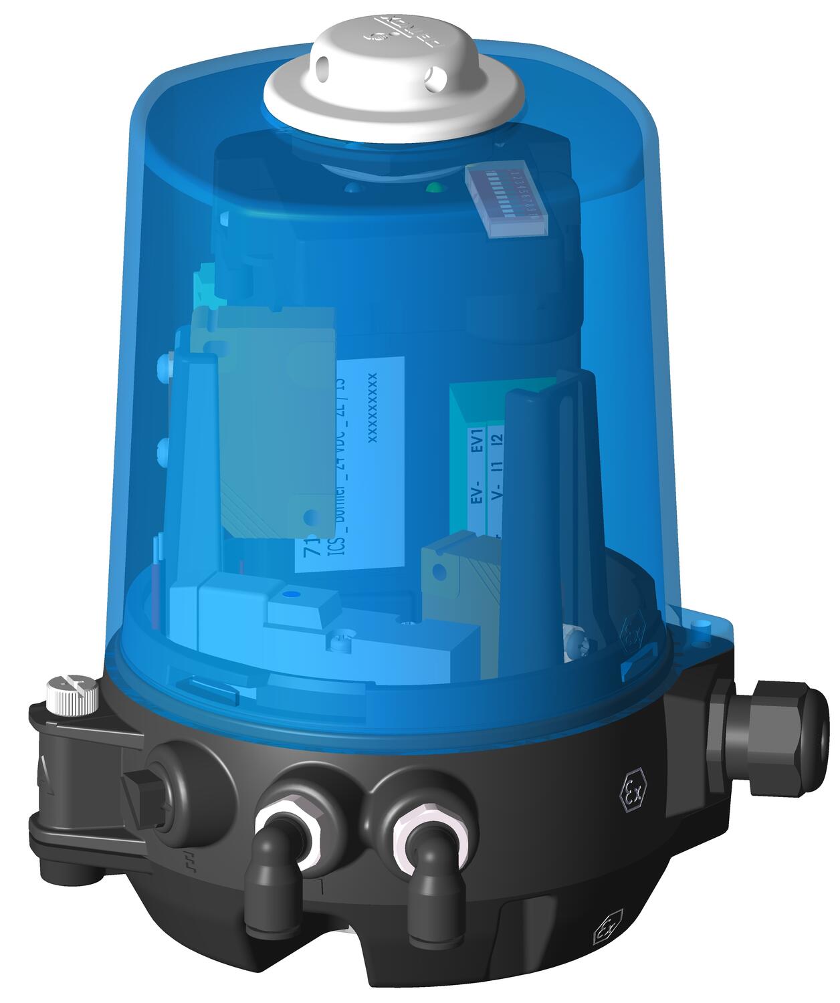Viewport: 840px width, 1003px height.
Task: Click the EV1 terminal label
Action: [x=477, y=441]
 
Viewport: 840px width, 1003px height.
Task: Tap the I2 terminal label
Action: [x=496, y=440]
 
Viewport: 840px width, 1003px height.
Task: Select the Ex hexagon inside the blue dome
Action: [x=632, y=632]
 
